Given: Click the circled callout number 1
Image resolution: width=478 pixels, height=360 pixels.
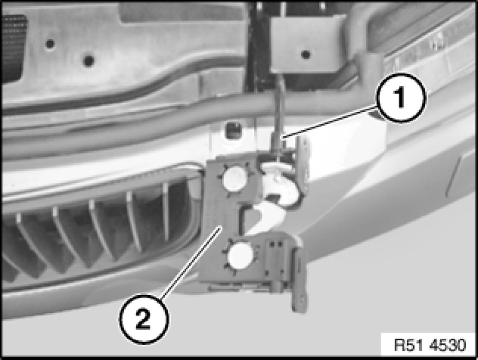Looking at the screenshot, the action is [400, 98].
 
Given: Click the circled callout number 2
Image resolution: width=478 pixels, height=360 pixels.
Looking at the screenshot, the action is [144, 319].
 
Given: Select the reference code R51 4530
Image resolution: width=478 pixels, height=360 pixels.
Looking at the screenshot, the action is [430, 345].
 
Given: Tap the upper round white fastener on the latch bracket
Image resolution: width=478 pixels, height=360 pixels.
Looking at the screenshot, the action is [234, 179].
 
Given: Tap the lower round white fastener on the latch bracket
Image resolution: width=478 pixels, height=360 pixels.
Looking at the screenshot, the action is [241, 256].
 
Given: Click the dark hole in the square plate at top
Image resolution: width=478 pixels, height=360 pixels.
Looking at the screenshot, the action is [305, 55].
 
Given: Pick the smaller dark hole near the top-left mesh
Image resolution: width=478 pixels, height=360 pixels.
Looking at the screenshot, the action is [50, 44].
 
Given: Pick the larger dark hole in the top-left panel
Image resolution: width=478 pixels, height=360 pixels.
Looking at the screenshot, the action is [88, 60].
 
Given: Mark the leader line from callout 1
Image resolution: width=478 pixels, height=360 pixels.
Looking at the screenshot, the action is [330, 122].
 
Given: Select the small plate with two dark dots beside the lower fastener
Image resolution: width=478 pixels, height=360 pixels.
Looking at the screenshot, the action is [275, 256].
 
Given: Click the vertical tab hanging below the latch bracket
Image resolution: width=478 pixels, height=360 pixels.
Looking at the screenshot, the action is [298, 280].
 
